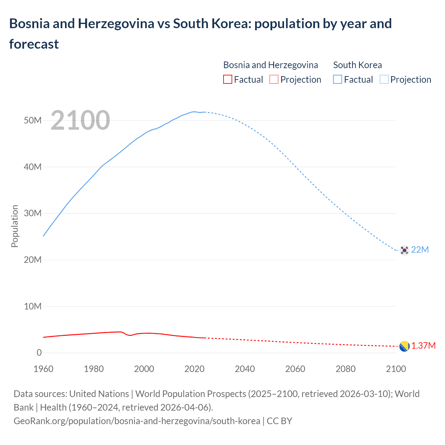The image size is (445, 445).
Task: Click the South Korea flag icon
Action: click(x=404, y=250)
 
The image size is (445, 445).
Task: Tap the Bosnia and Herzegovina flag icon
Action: click(x=404, y=346)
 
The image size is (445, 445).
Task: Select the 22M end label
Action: click(x=420, y=250)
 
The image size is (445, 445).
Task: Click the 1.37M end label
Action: click(x=423, y=346)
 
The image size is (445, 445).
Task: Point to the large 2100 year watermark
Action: click(x=80, y=120)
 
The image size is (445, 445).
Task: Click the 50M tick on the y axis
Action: click(x=33, y=120)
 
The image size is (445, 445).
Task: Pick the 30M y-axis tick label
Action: click(x=33, y=213)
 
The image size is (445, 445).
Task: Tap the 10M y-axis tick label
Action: click(x=33, y=306)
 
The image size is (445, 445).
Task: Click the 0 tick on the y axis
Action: click(x=39, y=353)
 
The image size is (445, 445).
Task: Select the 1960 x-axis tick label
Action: click(x=43, y=369)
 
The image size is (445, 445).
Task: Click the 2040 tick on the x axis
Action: click(x=245, y=369)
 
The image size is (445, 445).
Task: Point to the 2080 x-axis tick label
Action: click(x=346, y=369)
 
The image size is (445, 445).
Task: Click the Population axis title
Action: click(x=15, y=226)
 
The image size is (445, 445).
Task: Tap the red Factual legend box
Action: click(x=227, y=80)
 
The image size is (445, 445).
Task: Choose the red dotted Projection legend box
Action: click(x=274, y=80)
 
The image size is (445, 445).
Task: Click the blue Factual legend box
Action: click(x=337, y=80)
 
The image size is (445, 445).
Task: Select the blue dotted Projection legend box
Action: click(x=384, y=80)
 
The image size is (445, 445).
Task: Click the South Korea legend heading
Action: click(x=357, y=65)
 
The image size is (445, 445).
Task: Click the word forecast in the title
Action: click(x=34, y=44)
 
